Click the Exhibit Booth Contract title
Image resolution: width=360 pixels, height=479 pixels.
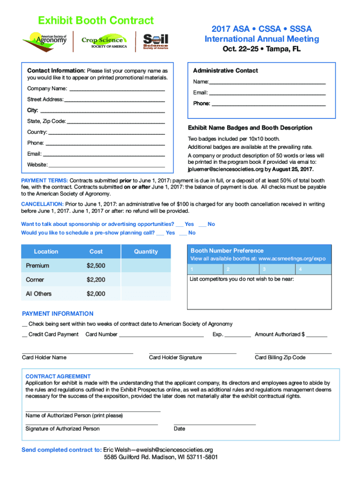click(96, 21)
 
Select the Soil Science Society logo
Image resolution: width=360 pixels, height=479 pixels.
click(156, 41)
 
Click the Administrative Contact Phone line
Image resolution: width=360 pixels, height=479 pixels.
click(268, 104)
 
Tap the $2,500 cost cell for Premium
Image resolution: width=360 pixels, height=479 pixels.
click(96, 266)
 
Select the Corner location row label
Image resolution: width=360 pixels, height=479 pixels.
click(35, 280)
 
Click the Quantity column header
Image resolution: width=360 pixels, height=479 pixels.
click(146, 252)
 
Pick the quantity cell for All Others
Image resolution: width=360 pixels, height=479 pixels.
click(146, 294)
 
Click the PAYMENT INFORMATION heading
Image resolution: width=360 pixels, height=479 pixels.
click(58, 314)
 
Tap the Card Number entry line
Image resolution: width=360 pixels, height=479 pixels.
click(161, 335)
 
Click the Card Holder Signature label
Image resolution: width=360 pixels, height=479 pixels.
click(175, 357)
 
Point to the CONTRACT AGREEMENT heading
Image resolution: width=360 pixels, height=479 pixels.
click(58, 376)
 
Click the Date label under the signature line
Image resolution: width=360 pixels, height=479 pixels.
click(179, 428)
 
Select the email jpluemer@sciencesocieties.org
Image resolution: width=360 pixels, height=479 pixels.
click(225, 169)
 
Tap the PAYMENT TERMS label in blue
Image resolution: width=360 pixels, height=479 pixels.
click(45, 181)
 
